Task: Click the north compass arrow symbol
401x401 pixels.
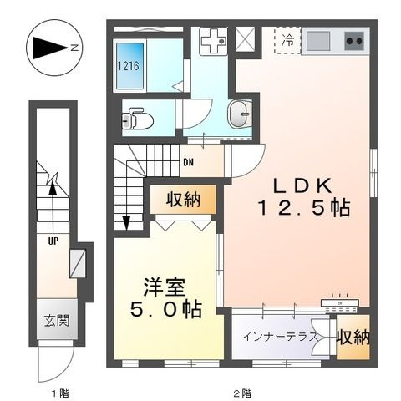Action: point(50,48)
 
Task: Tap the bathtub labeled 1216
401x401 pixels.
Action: point(129,66)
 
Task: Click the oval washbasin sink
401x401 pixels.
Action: point(239,114)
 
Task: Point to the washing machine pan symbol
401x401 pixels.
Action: point(213,41)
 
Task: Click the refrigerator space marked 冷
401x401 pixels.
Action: point(287,41)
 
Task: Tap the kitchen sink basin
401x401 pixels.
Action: point(318,41)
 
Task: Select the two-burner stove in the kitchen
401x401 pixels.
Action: point(354,41)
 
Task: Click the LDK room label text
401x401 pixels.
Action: point(302,186)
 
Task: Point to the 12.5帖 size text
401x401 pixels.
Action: point(304,208)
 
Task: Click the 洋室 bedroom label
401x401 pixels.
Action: point(165,287)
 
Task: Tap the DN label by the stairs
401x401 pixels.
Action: point(188,162)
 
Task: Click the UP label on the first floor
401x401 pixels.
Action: point(53,241)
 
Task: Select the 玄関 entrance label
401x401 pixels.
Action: point(57,321)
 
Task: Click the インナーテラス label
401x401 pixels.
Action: point(280,337)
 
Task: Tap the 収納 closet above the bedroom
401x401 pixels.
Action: point(184,200)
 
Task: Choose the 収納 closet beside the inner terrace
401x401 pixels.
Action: point(353,338)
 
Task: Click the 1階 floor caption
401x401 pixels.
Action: point(60,393)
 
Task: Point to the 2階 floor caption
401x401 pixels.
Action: point(241,393)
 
